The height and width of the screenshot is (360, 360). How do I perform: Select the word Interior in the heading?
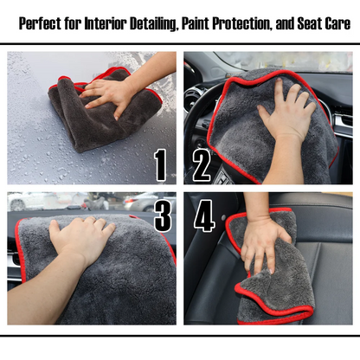pyautogui.click(x=110, y=24)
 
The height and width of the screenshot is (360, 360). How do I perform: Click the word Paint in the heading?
pyautogui.click(x=197, y=24)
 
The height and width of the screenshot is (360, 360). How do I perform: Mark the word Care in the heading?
pyautogui.click(x=336, y=24)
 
